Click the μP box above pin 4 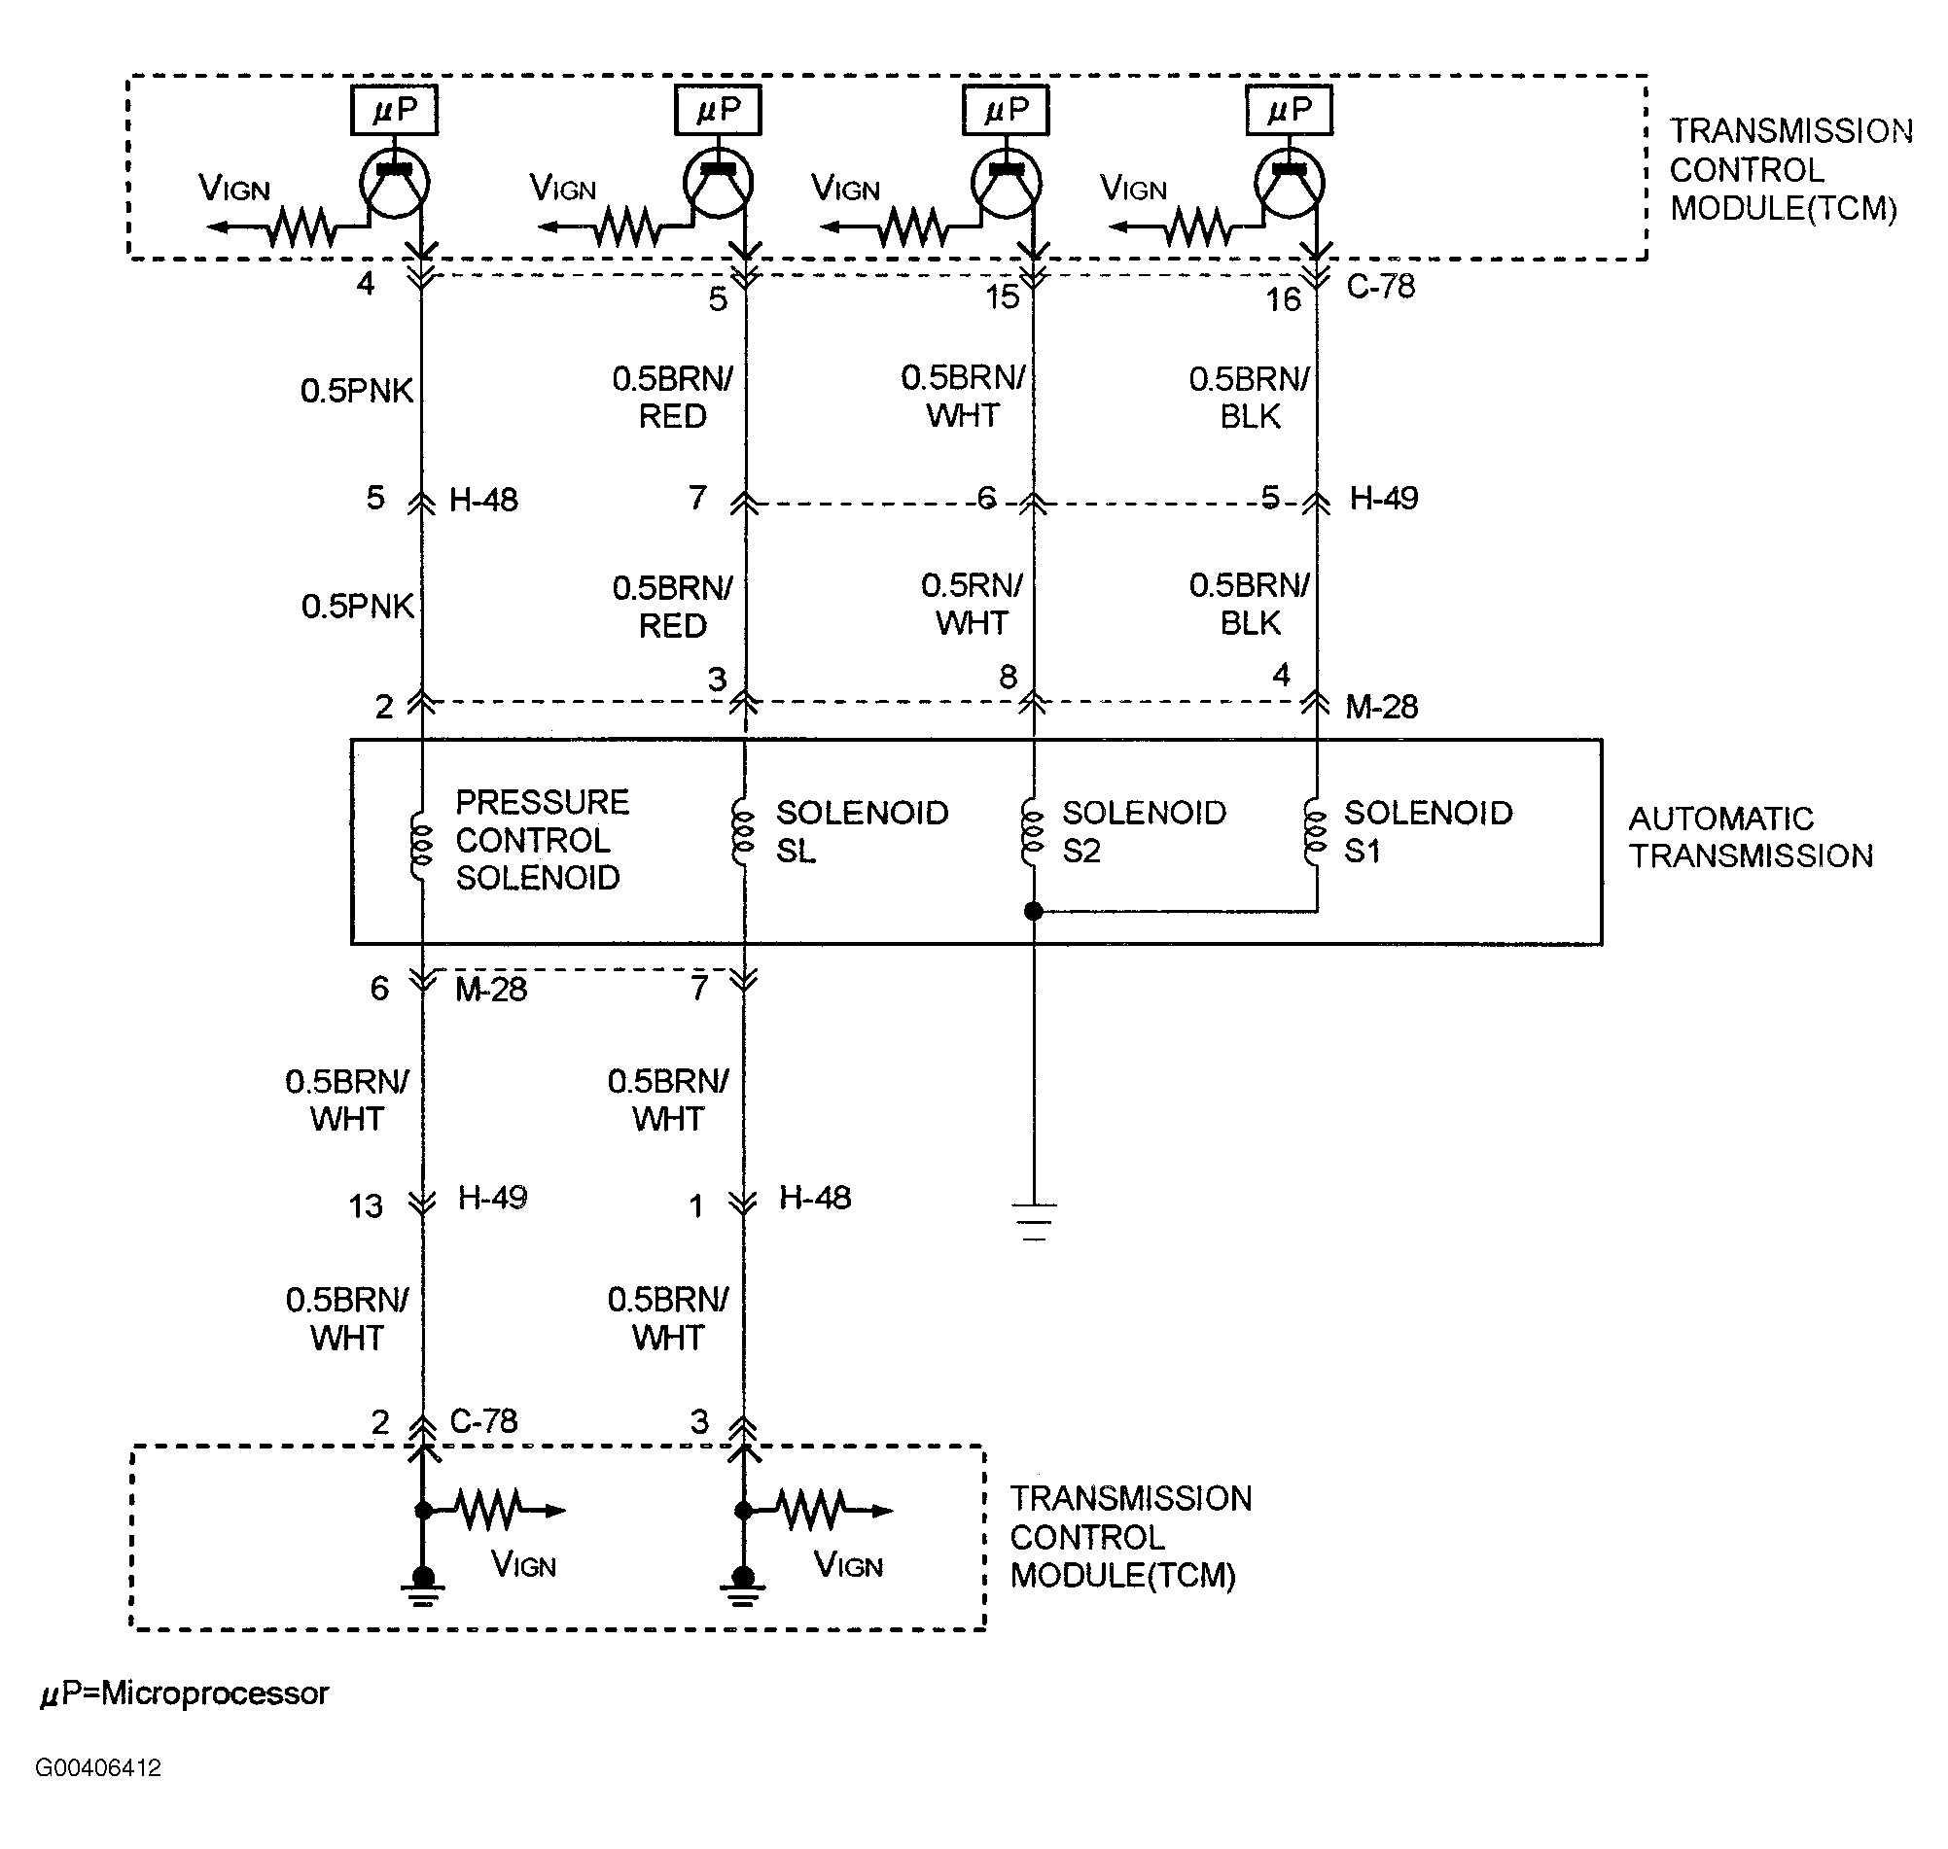click(394, 110)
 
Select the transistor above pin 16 click(1290, 184)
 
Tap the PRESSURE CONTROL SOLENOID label click(542, 840)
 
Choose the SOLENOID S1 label click(1428, 832)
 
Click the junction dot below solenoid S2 click(1033, 912)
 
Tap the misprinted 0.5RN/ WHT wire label click(972, 604)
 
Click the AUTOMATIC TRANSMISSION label click(1750, 837)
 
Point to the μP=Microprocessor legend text click(184, 1693)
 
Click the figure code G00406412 click(97, 1767)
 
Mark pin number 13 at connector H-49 click(365, 1206)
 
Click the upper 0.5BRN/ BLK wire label click(1249, 398)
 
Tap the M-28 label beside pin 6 click(491, 990)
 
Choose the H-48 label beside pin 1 click(814, 1198)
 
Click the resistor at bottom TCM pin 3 click(810, 1510)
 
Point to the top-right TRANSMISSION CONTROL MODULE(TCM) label click(1790, 169)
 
